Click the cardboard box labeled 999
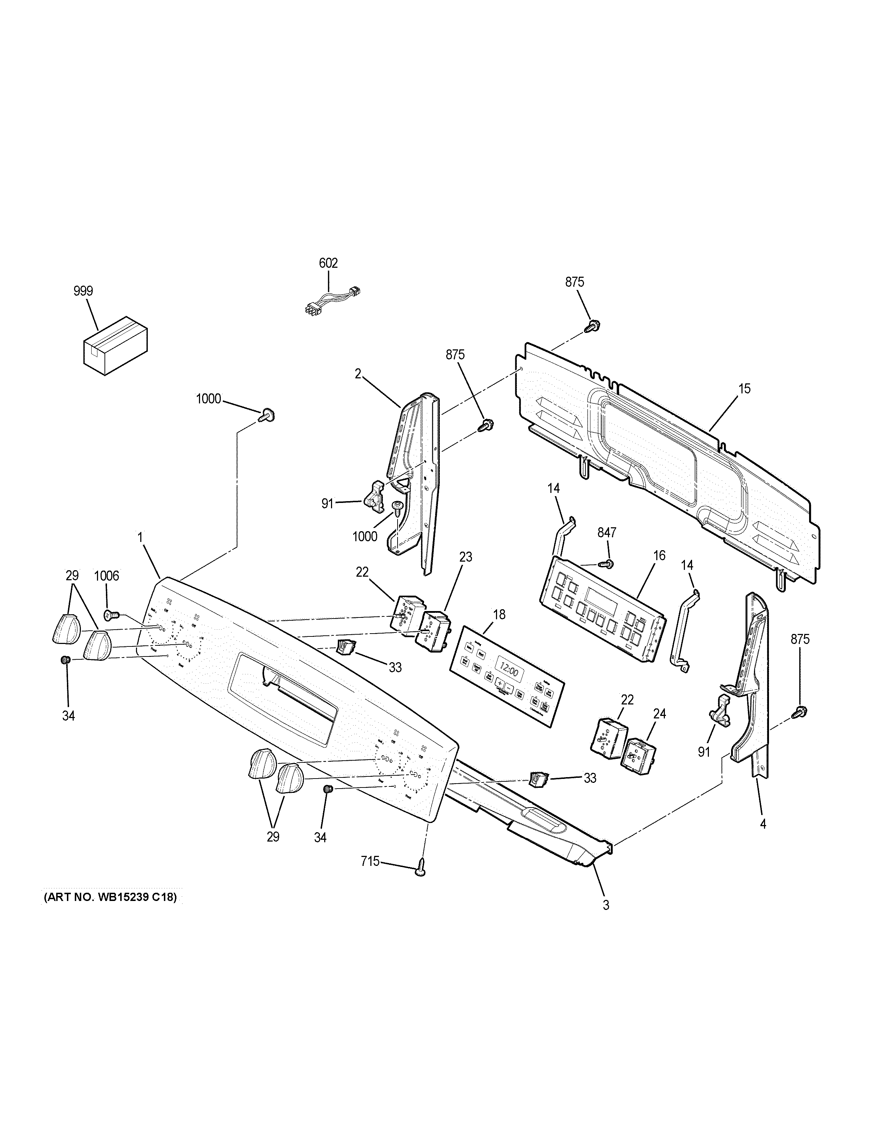pyautogui.click(x=116, y=344)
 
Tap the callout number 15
pyautogui.click(x=744, y=389)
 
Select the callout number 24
pyautogui.click(x=659, y=714)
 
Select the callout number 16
pyautogui.click(x=659, y=556)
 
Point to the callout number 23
pyautogui.click(x=466, y=557)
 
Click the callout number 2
pyautogui.click(x=357, y=374)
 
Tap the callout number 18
pyautogui.click(x=499, y=615)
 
